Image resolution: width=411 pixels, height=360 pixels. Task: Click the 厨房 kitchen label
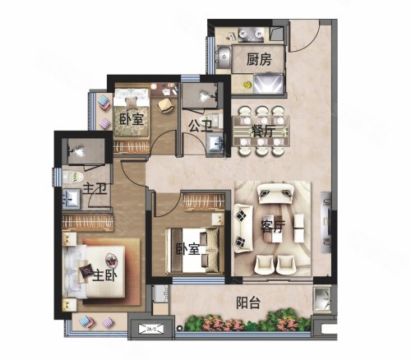click(259, 60)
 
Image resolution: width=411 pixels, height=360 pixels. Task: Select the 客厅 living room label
click(273, 226)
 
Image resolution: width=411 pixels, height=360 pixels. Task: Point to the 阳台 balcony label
click(248, 303)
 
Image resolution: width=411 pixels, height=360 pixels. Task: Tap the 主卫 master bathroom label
click(95, 189)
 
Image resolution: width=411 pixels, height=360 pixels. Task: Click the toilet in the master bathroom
click(73, 177)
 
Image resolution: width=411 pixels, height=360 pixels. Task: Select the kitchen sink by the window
click(224, 58)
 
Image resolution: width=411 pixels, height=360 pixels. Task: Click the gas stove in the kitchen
click(251, 34)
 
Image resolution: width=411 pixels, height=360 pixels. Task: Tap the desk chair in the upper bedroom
click(166, 105)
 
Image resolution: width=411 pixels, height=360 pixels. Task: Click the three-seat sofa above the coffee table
click(276, 193)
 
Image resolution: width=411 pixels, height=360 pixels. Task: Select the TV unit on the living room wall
click(326, 222)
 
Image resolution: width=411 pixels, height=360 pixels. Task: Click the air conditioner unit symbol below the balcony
click(151, 329)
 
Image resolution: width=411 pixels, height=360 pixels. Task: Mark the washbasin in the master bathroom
click(72, 199)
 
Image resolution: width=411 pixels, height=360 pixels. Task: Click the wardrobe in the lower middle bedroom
click(204, 202)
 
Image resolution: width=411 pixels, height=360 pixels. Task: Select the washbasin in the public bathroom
click(215, 142)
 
